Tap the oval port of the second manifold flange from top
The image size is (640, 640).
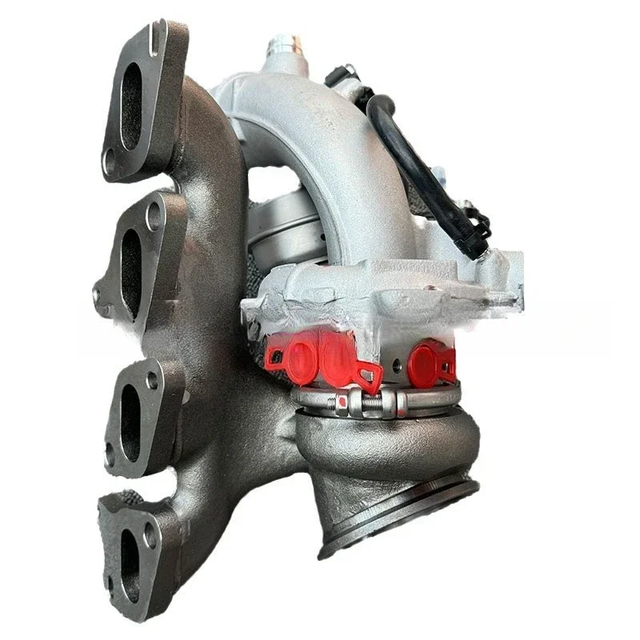pos(130,263)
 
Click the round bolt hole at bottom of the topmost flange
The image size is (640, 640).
pos(108,162)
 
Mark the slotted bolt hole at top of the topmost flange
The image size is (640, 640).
pos(155,37)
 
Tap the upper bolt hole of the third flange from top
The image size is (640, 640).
pos(152,381)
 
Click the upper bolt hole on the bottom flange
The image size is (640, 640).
pos(150,534)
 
